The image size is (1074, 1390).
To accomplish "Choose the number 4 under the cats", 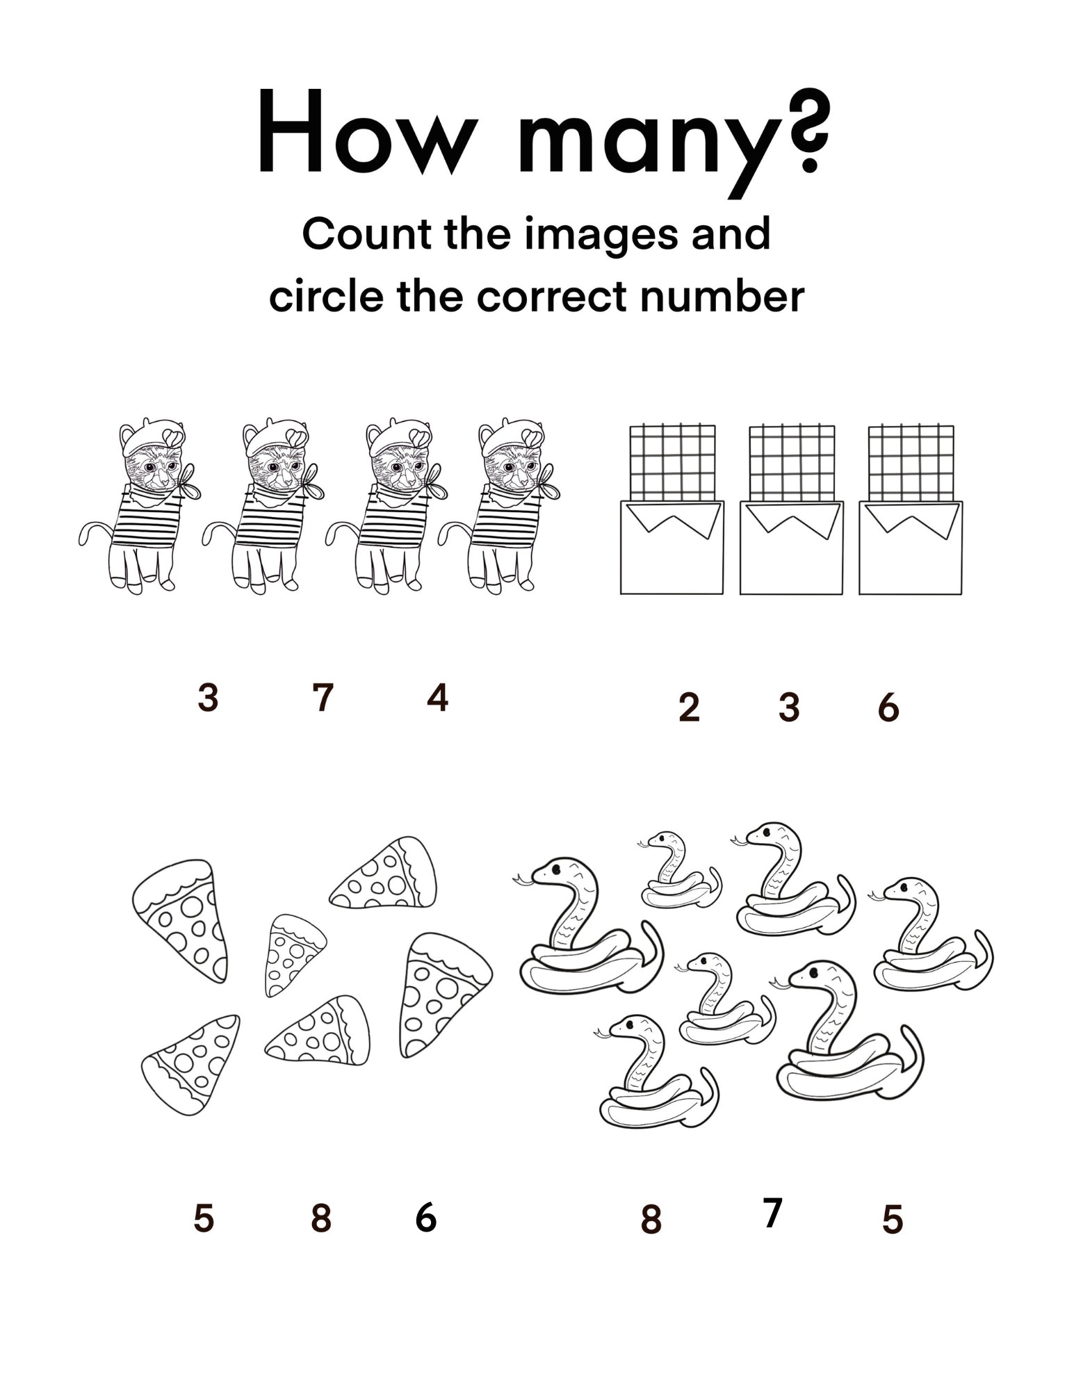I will point(437,698).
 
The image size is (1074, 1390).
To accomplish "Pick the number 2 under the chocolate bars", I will point(688,708).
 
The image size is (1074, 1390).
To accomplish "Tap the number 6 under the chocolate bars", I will point(888,708).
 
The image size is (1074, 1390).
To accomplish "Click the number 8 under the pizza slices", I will point(320,1218).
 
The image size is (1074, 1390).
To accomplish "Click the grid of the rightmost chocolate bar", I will point(911,461).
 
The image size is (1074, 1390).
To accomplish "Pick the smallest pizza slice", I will point(293,951).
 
